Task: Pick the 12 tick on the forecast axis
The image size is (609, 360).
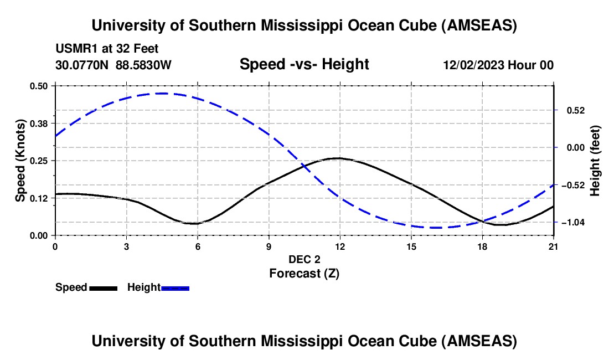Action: tap(339, 245)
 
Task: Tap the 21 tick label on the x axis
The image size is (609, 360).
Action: tap(553, 245)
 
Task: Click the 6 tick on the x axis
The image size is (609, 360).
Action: tap(197, 245)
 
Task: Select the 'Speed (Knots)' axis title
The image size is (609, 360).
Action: tap(20, 161)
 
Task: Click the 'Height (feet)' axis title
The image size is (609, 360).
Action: tap(595, 161)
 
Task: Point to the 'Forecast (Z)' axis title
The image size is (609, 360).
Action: tap(304, 273)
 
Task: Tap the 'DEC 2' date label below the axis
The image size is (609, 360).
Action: tap(304, 259)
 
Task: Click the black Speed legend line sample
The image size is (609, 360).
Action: tap(103, 288)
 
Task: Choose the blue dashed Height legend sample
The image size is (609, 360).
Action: tap(176, 288)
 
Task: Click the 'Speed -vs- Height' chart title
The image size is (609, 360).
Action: tap(304, 64)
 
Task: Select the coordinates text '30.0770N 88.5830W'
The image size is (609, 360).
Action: tap(113, 65)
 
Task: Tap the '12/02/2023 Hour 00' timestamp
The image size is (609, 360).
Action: tap(498, 65)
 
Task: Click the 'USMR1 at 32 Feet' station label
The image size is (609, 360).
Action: tap(107, 49)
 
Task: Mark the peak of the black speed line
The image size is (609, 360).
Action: tap(338, 158)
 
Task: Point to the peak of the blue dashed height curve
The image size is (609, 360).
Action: tap(163, 93)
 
